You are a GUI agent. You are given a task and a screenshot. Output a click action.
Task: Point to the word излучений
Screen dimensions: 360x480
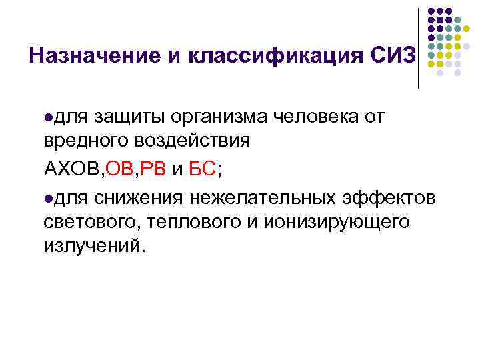(x=93, y=246)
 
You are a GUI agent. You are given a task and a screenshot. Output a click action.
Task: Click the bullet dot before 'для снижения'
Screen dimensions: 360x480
(x=49, y=198)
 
